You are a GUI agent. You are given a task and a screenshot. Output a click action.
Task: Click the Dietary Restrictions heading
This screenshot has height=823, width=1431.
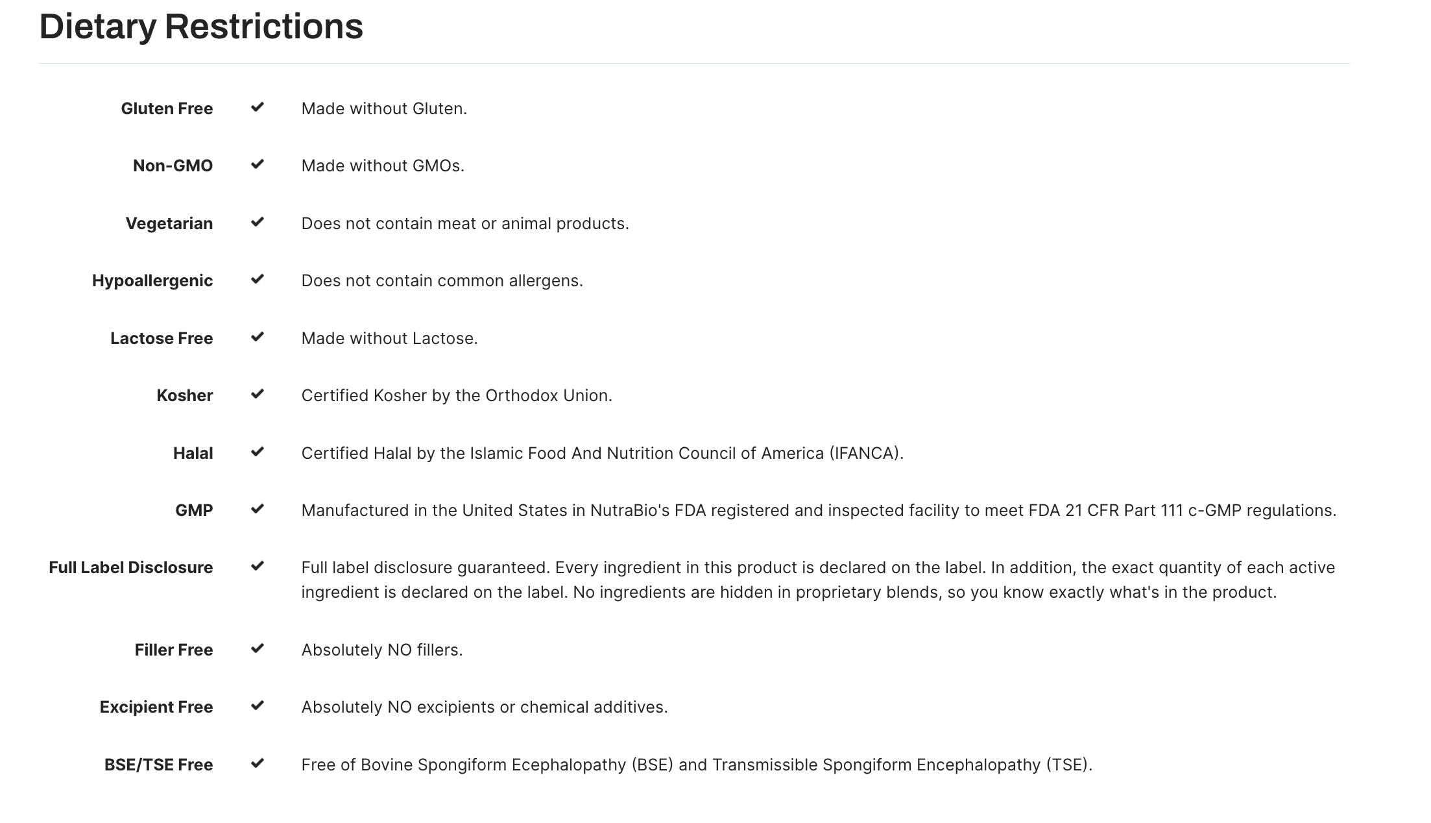pos(201,27)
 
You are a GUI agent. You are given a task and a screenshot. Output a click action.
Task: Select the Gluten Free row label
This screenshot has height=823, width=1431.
pos(167,108)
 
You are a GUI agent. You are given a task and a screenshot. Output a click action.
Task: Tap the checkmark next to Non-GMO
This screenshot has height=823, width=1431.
pos(258,164)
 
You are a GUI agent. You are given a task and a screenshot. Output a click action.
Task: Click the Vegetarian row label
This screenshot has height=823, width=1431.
pos(169,223)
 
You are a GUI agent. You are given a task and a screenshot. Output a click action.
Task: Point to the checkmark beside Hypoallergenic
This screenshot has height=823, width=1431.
pos(258,279)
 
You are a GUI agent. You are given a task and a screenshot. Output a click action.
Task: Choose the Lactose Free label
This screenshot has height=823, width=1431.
pos(162,338)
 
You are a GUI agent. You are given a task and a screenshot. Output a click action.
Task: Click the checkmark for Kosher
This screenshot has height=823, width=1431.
pos(258,394)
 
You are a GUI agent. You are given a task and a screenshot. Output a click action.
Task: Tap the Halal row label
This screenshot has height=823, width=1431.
pos(193,453)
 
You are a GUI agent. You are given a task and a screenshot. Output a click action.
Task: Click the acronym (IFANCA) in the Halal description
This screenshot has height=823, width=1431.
pos(865,453)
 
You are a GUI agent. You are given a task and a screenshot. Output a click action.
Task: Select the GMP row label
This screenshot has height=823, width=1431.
pos(194,510)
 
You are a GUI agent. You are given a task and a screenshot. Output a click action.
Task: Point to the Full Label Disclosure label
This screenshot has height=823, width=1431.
pos(130,567)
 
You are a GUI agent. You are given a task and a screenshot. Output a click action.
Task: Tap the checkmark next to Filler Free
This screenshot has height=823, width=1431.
pos(258,648)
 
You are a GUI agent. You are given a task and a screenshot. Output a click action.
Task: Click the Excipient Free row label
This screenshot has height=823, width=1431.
pos(156,707)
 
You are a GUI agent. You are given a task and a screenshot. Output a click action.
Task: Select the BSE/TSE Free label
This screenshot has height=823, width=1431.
pos(158,765)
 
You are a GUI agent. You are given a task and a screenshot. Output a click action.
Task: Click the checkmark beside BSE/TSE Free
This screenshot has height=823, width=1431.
pos(258,763)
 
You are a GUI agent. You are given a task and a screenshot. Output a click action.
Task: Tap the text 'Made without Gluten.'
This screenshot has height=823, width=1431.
pos(384,108)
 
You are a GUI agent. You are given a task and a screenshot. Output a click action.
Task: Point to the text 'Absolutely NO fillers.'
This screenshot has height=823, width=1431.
pos(381,650)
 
